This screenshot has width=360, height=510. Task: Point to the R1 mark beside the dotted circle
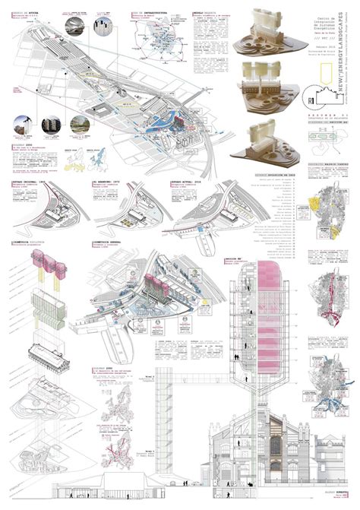coord(293,97)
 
